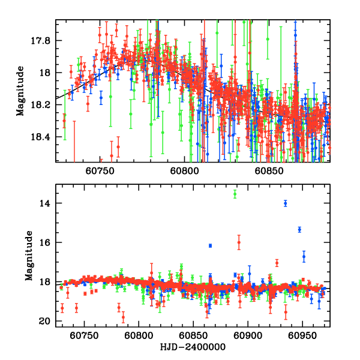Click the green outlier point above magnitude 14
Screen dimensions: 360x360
coord(235,193)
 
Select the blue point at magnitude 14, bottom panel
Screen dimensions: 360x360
coord(286,203)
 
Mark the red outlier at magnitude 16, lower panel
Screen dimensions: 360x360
coord(239,242)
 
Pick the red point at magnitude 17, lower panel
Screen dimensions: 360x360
coord(277,263)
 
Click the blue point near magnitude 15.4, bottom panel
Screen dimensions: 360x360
coord(299,229)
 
